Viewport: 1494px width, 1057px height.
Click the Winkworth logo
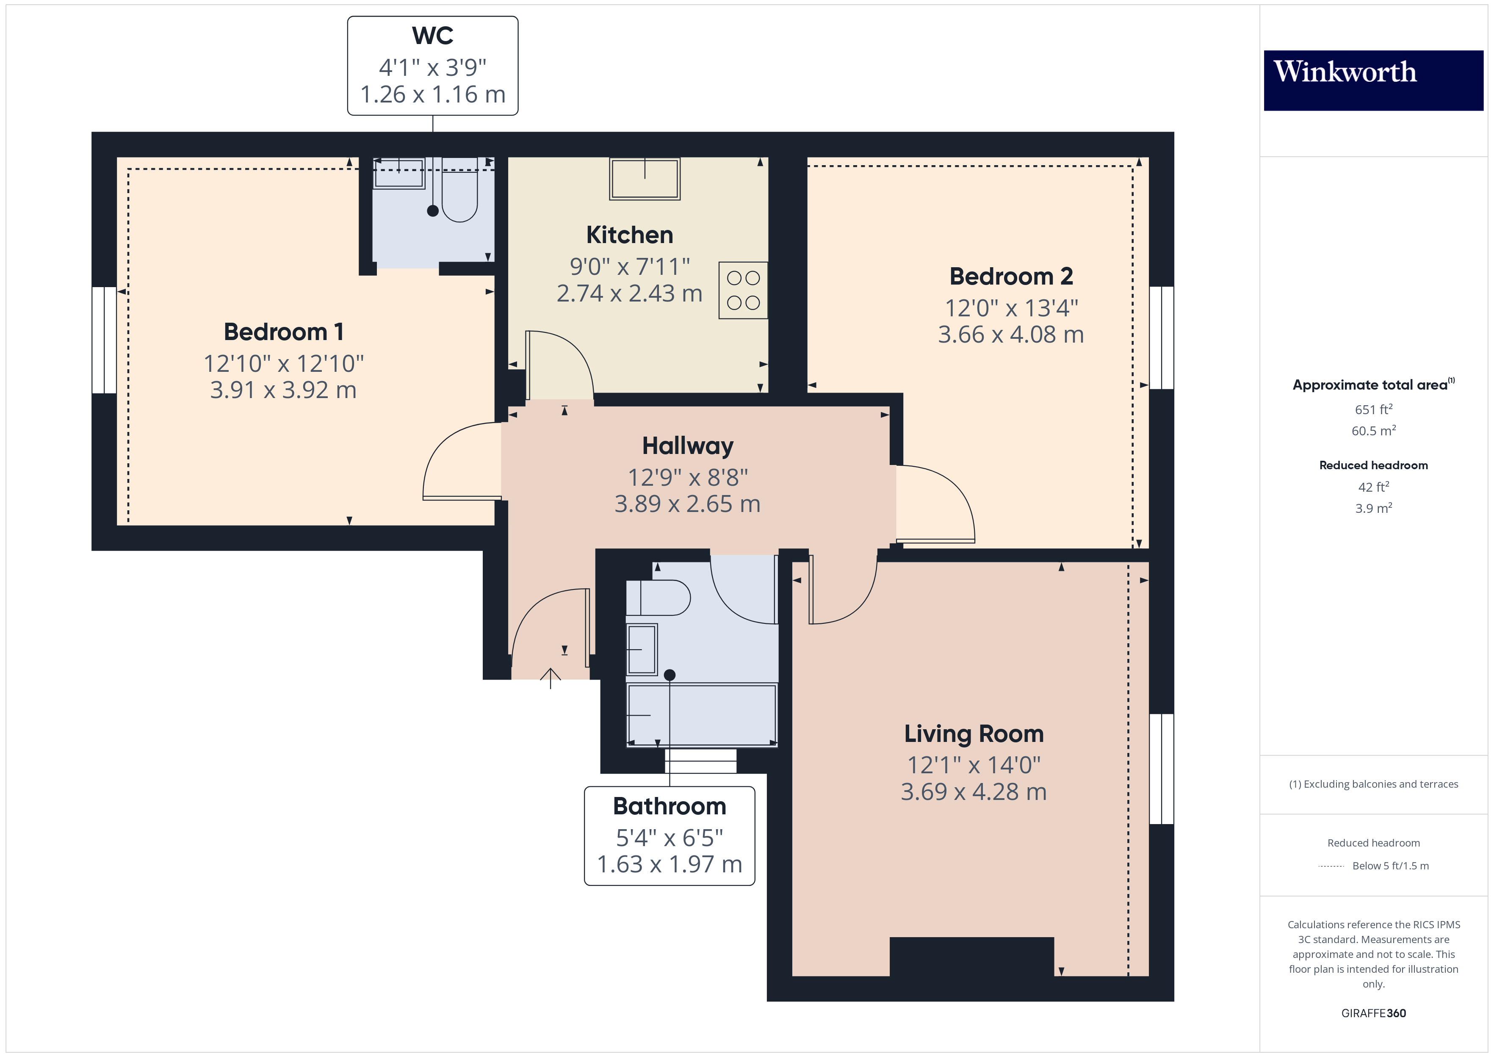1373,80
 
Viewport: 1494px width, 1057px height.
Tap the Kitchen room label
629,235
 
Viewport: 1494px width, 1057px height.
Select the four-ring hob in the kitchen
742,290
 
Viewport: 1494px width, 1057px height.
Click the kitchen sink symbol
644,178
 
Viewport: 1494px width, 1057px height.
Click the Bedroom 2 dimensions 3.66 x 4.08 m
1010,335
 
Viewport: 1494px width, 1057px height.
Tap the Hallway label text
687,446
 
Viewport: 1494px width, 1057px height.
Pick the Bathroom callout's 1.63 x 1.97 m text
669,864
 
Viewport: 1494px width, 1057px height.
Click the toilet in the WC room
459,195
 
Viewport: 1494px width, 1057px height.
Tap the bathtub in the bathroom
701,714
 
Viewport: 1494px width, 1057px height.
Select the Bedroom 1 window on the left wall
104,340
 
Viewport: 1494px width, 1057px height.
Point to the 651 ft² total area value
1373,410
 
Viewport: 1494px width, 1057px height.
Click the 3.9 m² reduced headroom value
1373,508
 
